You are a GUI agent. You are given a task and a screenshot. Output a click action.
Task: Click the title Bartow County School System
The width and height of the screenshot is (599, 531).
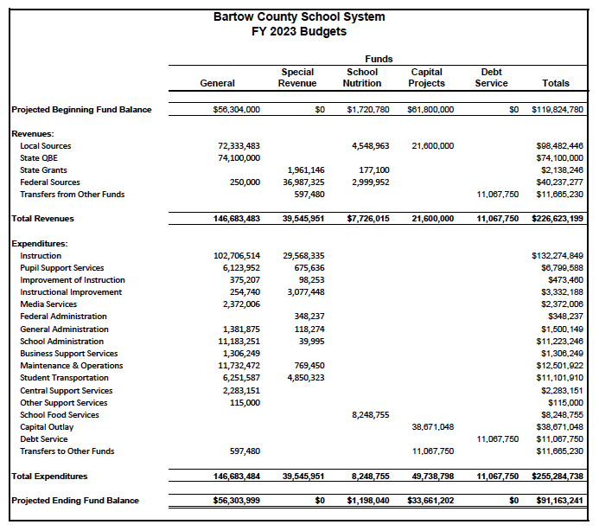(x=299, y=17)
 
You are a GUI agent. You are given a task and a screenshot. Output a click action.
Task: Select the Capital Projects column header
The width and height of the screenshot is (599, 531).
(x=426, y=78)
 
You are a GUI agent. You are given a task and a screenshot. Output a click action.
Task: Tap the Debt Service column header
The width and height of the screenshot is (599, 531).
(x=491, y=78)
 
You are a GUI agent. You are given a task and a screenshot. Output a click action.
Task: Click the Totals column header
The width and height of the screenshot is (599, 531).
(x=556, y=84)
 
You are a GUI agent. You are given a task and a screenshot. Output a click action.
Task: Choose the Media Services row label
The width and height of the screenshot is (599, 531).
(x=48, y=304)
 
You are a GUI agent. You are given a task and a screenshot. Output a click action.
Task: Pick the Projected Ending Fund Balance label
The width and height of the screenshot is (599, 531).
(x=74, y=501)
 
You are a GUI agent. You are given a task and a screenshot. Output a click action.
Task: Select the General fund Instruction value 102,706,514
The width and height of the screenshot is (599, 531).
(x=236, y=256)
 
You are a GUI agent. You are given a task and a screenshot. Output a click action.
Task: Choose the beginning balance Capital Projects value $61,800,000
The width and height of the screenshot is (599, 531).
(x=430, y=110)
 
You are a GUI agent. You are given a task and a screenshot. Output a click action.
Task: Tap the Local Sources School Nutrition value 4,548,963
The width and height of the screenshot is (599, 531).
(x=370, y=146)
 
